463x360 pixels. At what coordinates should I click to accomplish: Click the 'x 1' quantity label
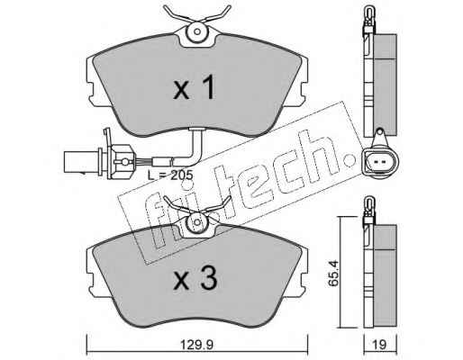(x=195, y=87)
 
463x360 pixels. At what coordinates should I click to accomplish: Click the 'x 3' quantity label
(x=195, y=279)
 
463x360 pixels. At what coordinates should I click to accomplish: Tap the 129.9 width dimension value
(x=196, y=345)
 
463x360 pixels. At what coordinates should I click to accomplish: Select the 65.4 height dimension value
(x=333, y=274)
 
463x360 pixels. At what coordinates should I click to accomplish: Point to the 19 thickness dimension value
(x=380, y=345)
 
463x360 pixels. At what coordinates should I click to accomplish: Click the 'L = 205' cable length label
(x=170, y=175)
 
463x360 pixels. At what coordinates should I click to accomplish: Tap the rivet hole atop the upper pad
(x=197, y=31)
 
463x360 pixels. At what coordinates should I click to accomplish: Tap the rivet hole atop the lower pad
(x=197, y=222)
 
